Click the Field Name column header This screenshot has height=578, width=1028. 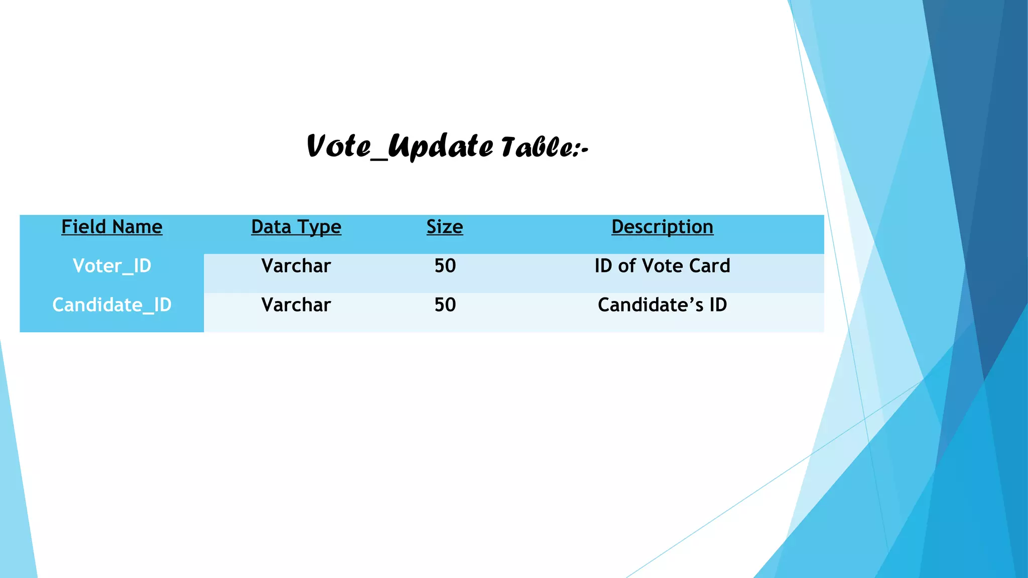pos(112,227)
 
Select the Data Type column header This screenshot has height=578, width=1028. pos(296,227)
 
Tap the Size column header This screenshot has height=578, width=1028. pos(445,227)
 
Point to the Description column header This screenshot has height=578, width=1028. pos(662,227)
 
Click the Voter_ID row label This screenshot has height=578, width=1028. pos(112,266)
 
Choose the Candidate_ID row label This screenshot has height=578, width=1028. pos(112,305)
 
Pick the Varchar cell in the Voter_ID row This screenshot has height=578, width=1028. pos(296,266)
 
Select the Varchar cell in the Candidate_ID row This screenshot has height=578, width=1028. pos(296,305)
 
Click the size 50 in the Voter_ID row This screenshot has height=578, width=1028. pos(445,266)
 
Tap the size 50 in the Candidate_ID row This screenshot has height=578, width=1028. pos(445,305)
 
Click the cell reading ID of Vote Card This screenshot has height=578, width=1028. pos(662,266)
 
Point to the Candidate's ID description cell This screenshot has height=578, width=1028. pos(662,305)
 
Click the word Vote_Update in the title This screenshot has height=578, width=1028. pos(400,147)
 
